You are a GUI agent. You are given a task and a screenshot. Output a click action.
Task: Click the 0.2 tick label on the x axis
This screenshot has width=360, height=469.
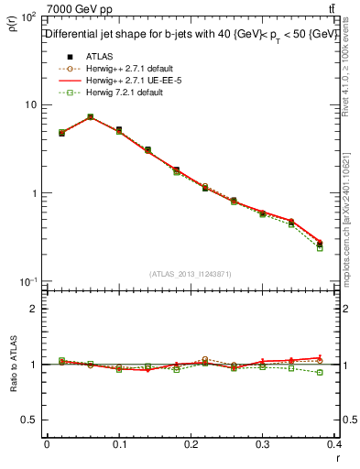(x=191, y=443)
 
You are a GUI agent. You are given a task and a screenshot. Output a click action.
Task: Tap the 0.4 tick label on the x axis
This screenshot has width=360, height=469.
(x=333, y=443)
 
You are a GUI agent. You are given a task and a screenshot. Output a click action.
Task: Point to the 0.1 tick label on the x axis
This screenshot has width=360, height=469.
(x=119, y=443)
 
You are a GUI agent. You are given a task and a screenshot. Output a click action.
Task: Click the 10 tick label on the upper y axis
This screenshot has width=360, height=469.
(x=31, y=104)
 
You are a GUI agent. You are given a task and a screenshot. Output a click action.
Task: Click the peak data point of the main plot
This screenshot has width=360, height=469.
(x=90, y=117)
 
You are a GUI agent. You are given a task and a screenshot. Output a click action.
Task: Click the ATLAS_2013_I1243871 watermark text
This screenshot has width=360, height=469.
(x=191, y=274)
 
